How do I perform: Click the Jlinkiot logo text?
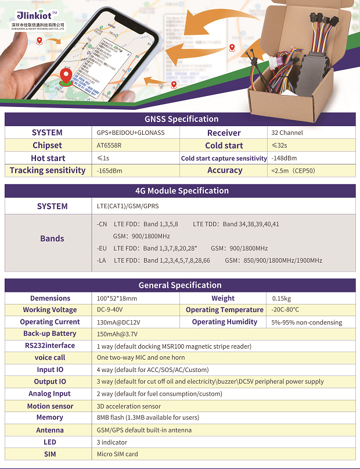coord(34,15)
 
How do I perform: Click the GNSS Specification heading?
coord(181,119)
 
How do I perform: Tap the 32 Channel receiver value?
coord(287,133)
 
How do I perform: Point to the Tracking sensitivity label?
coord(48,170)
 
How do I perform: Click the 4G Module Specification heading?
coord(181,191)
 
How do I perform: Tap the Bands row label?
coord(52,238)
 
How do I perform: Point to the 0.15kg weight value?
coord(282,299)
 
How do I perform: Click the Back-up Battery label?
coord(49,334)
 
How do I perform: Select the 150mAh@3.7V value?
coord(117,334)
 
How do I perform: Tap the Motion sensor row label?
coord(49,406)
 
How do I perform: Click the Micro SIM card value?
coord(118,454)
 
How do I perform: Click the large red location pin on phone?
coord(68,76)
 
